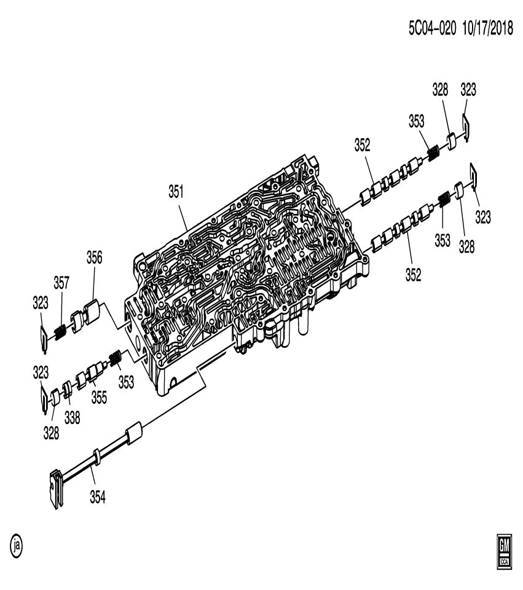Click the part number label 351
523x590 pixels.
click(x=176, y=192)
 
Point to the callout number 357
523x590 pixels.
click(x=61, y=282)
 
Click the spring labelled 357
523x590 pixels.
click(x=60, y=332)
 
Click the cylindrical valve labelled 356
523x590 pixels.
click(x=92, y=310)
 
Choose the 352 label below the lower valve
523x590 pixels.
click(x=413, y=275)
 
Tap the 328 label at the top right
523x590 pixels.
click(x=439, y=90)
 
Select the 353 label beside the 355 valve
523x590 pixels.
click(x=126, y=382)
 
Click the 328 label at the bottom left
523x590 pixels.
click(x=51, y=433)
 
